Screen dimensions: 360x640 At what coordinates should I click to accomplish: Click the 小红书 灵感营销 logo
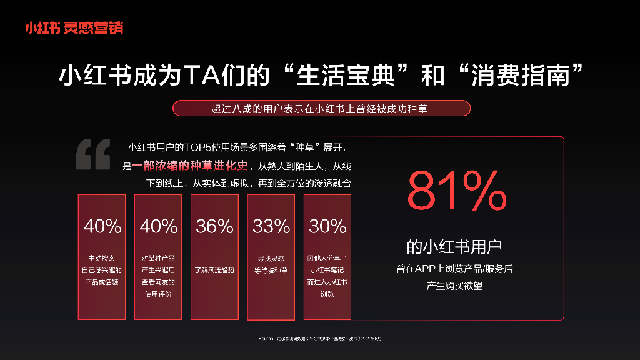coord(74,27)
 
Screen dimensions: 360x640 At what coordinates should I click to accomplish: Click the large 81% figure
coord(456,191)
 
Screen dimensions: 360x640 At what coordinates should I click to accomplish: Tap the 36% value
coord(215,226)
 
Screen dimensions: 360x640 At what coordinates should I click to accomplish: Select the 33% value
coord(271,226)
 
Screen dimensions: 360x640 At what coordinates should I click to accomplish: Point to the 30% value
coord(327,226)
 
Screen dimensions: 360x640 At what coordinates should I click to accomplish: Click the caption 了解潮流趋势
coord(215,270)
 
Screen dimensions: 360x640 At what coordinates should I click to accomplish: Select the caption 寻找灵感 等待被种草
coord(271,264)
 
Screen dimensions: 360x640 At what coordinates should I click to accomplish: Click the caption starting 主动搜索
coord(102,270)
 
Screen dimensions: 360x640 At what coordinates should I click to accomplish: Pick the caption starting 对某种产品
coord(158,276)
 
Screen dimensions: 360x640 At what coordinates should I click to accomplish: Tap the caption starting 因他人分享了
coord(327,276)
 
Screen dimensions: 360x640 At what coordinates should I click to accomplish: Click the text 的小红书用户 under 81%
coord(454,247)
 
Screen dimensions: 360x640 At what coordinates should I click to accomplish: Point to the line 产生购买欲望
coord(454,286)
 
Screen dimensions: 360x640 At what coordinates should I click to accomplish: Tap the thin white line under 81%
coord(454,222)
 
